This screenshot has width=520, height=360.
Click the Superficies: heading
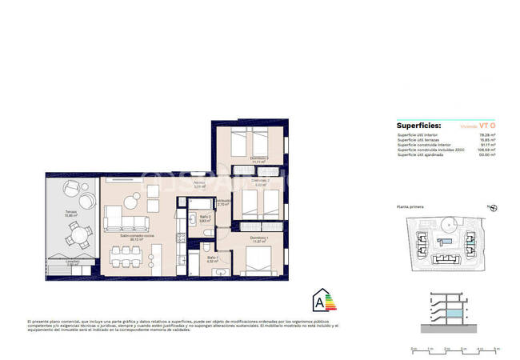click(x=418, y=126)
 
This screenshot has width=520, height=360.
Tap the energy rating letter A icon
click(x=322, y=301)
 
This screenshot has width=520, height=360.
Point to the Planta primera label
click(x=412, y=207)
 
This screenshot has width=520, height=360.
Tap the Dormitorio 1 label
click(x=257, y=239)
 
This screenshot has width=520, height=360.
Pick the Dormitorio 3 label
click(x=257, y=159)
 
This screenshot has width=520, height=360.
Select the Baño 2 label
click(x=205, y=218)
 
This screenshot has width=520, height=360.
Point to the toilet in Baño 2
click(x=208, y=231)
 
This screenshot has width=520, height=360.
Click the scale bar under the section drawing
click(x=453, y=348)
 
